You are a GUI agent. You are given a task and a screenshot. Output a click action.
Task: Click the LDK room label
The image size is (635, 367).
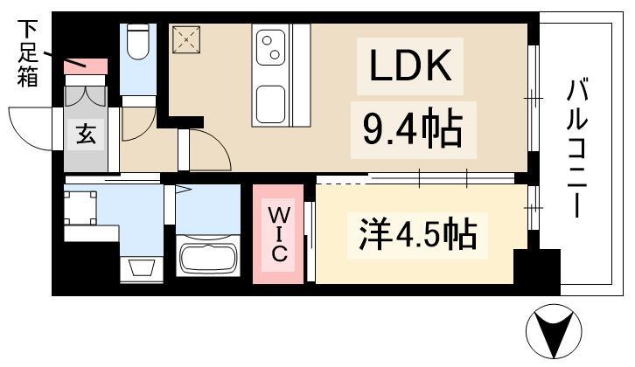tap(407, 67)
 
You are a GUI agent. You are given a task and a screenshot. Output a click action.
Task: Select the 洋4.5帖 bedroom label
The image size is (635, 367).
tap(416, 235)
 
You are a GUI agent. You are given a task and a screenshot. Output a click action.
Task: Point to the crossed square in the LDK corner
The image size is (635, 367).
tap(186, 39)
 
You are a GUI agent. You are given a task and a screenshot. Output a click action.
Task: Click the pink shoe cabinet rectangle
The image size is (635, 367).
tap(86, 66)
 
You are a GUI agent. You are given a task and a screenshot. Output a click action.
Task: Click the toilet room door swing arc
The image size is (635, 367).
tap(136, 124)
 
